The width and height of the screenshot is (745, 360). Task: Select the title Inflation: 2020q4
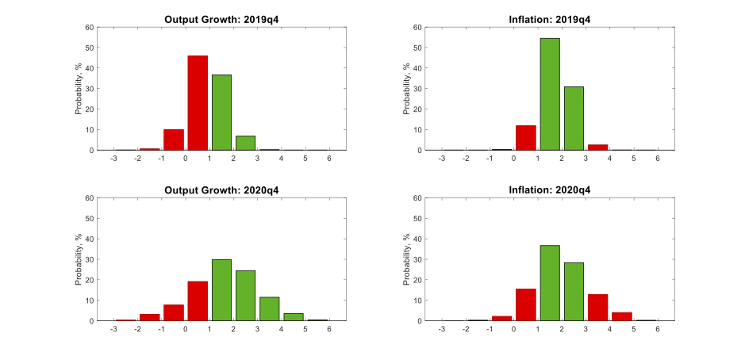click(x=549, y=190)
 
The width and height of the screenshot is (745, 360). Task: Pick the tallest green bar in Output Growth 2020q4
click(x=221, y=290)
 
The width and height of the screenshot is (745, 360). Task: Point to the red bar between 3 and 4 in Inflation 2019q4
click(x=597, y=147)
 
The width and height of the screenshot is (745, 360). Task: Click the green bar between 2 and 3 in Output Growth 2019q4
click(x=245, y=143)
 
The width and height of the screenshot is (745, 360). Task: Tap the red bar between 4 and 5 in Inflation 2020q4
click(x=621, y=316)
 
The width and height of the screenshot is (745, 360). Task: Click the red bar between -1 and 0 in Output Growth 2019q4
click(x=174, y=140)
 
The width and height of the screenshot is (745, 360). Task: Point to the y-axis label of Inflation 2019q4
click(x=407, y=89)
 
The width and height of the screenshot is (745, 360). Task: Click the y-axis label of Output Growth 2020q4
click(x=79, y=259)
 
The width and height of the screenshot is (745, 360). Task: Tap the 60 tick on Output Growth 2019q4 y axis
click(x=90, y=28)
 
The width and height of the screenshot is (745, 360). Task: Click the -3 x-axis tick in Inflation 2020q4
click(x=441, y=330)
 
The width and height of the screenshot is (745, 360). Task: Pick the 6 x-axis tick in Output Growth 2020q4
click(x=328, y=330)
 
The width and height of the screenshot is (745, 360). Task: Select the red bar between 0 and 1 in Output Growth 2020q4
click(x=198, y=301)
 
